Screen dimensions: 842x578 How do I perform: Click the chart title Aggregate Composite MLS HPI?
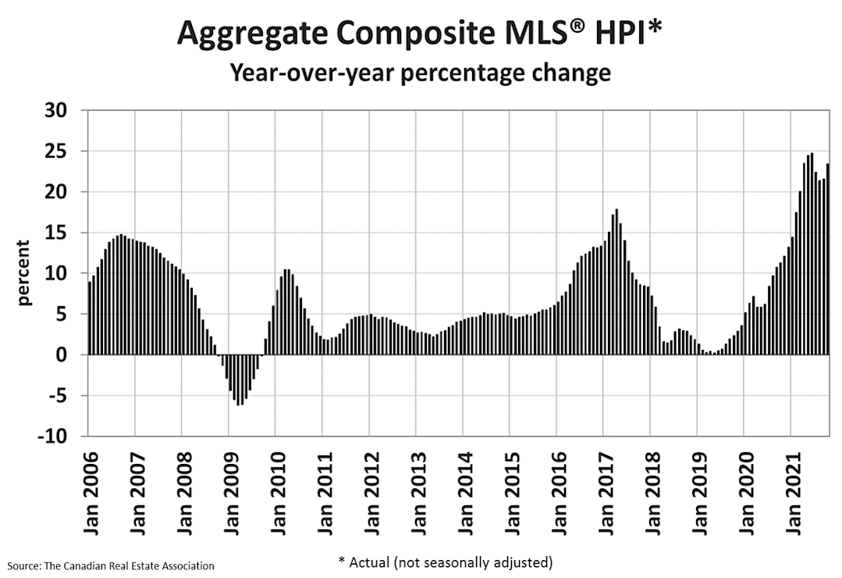pyautogui.click(x=419, y=33)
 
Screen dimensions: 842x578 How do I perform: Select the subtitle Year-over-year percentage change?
pyautogui.click(x=421, y=72)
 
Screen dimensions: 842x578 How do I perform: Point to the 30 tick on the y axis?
pyautogui.click(x=56, y=110)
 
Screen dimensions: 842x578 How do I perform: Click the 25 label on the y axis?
pyautogui.click(x=56, y=151)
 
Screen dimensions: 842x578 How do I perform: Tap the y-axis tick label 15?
pyautogui.click(x=56, y=233)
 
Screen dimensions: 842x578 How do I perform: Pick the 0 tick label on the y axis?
pyautogui.click(x=61, y=355)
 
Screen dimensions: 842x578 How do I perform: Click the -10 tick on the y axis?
pyautogui.click(x=52, y=436)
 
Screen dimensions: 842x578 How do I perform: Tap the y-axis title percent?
pyautogui.click(x=23, y=273)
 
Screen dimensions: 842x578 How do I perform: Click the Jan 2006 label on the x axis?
pyautogui.click(x=91, y=494)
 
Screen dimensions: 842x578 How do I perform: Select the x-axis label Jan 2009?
pyautogui.click(x=232, y=494)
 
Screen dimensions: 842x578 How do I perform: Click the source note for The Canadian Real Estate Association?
pyautogui.click(x=111, y=566)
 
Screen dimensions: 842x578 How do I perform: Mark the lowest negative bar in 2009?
pyautogui.click(x=238, y=380)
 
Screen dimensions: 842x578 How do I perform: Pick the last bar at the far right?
pyautogui.click(x=827, y=259)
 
